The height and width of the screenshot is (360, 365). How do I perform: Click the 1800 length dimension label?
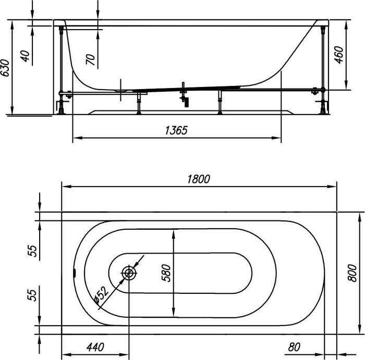198,179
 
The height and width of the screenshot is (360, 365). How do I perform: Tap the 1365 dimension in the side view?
176,131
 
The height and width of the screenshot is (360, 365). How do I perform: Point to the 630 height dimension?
5,68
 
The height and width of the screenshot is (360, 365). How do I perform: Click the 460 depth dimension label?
338,55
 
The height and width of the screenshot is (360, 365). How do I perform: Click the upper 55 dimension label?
33,251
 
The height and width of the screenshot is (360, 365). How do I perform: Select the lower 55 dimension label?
33,295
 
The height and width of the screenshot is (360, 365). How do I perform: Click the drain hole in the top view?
128,272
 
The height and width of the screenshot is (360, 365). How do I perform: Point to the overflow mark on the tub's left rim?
75,272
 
